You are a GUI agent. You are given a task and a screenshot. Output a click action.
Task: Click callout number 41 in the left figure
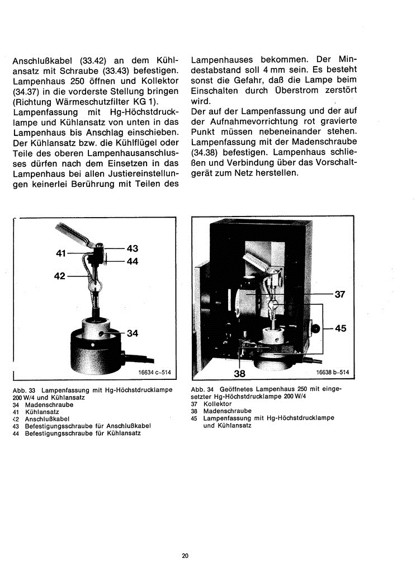tap(62, 253)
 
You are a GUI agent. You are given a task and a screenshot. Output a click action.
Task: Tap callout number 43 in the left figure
tap(132, 248)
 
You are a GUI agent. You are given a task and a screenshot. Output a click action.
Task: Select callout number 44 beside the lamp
tap(132, 261)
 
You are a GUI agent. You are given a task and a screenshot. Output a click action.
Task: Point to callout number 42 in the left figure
tap(60, 276)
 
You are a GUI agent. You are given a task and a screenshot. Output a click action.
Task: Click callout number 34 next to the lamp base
tap(132, 334)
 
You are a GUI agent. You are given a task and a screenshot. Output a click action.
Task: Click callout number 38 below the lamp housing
tap(239, 373)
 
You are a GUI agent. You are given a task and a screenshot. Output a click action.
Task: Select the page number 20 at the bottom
tap(185, 556)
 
